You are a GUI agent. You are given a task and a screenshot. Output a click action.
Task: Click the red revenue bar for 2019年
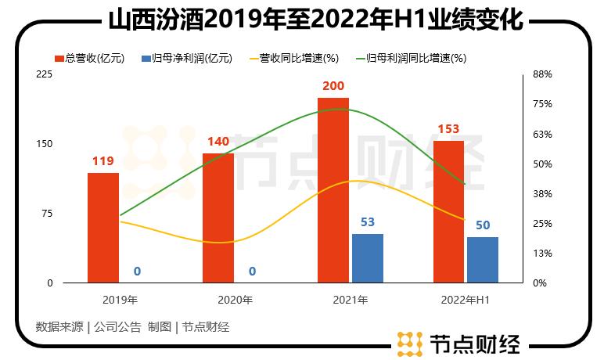click(x=103, y=228)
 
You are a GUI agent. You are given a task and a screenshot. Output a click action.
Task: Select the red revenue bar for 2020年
click(x=218, y=218)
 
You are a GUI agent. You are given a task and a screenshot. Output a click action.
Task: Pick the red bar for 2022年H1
click(x=448, y=212)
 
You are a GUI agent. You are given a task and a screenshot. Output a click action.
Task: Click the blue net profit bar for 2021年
click(x=368, y=258)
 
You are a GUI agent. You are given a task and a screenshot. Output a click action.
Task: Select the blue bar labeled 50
click(x=483, y=260)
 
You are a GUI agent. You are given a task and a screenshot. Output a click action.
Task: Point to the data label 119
click(x=103, y=162)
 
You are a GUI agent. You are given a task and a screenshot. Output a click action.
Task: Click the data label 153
click(x=448, y=129)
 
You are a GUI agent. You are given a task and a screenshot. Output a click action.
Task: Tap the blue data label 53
click(x=368, y=222)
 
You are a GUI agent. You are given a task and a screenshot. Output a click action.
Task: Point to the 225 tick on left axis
click(x=45, y=74)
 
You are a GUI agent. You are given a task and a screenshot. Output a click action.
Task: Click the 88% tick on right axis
click(x=543, y=74)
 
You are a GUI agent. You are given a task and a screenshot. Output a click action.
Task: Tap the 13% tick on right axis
click(x=543, y=254)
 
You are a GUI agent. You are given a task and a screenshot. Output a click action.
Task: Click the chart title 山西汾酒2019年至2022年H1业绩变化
click(x=302, y=18)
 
